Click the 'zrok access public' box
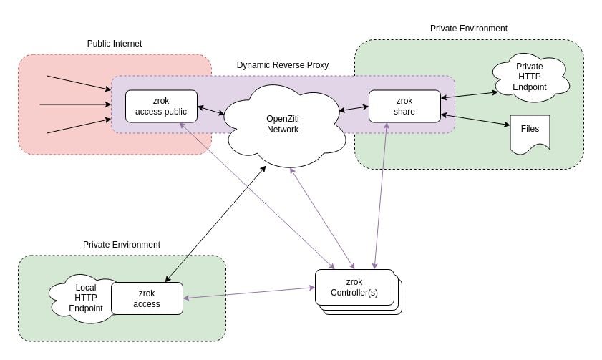pyautogui.click(x=161, y=106)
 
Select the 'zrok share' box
pyautogui.click(x=404, y=106)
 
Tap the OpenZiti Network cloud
pyautogui.click(x=282, y=124)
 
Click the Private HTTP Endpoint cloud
pyautogui.click(x=530, y=77)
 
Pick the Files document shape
pyautogui.click(x=530, y=132)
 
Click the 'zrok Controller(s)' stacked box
pyautogui.click(x=356, y=288)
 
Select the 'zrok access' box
pyautogui.click(x=147, y=298)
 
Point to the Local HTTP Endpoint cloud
pyautogui.click(x=82, y=298)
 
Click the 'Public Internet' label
pyautogui.click(x=115, y=44)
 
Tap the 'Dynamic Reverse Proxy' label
pyautogui.click(x=283, y=65)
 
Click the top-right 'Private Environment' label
pyautogui.click(x=469, y=29)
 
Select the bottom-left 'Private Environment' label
pyautogui.click(x=122, y=245)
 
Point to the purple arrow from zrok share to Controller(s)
pyautogui.click(x=381, y=193)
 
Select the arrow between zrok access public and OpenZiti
pyautogui.click(x=211, y=111)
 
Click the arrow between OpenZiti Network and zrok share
pyautogui.click(x=354, y=110)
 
